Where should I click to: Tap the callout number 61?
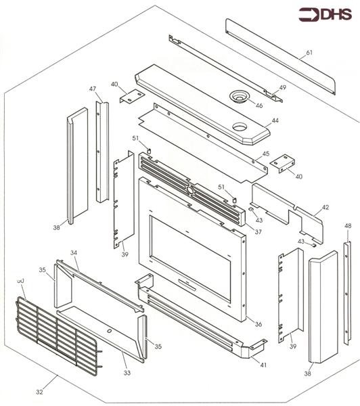click(309, 53)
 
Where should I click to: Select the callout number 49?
click(283, 87)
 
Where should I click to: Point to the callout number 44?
click(275, 120)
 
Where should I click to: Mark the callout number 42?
click(325, 207)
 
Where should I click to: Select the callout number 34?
click(74, 252)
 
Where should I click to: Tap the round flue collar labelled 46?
click(239, 95)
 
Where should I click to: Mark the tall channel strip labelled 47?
click(102, 152)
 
